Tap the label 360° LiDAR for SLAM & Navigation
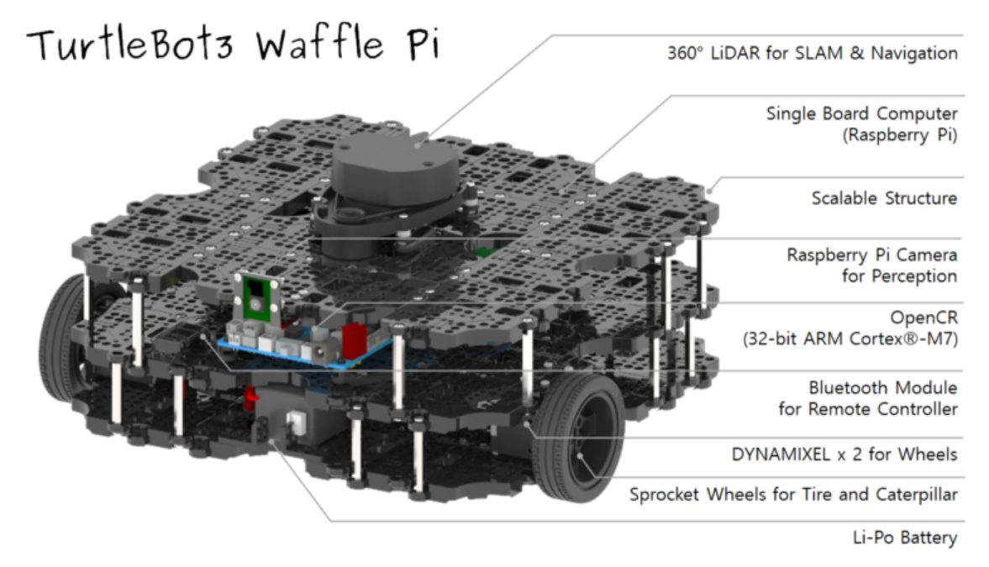[812, 53]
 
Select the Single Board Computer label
[861, 113]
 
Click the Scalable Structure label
[884, 198]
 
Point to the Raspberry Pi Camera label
[871, 255]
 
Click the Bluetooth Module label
[882, 388]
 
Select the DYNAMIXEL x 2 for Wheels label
[844, 454]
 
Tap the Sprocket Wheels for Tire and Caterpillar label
[793, 494]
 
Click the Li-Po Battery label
[904, 537]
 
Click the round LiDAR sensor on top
[394, 167]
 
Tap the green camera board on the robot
[257, 298]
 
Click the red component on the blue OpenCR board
[354, 338]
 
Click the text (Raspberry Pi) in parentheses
[899, 134]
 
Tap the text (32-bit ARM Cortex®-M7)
[850, 340]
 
